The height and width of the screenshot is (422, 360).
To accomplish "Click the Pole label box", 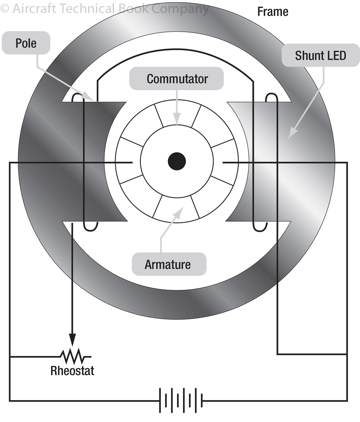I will (26, 43).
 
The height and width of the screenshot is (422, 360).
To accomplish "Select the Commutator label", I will (177, 79).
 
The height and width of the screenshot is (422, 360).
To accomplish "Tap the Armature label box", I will (168, 265).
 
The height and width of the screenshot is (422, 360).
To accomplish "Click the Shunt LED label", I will (320, 55).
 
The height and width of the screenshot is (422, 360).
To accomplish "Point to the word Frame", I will (273, 12).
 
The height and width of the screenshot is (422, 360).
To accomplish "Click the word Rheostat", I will (72, 370).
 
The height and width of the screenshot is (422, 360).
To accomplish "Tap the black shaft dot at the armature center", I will (176, 161).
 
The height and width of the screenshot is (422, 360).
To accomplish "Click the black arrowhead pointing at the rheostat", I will (72, 338).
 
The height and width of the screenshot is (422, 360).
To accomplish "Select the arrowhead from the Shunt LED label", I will (291, 135).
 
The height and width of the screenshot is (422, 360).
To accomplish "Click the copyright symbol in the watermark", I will (4, 9).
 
